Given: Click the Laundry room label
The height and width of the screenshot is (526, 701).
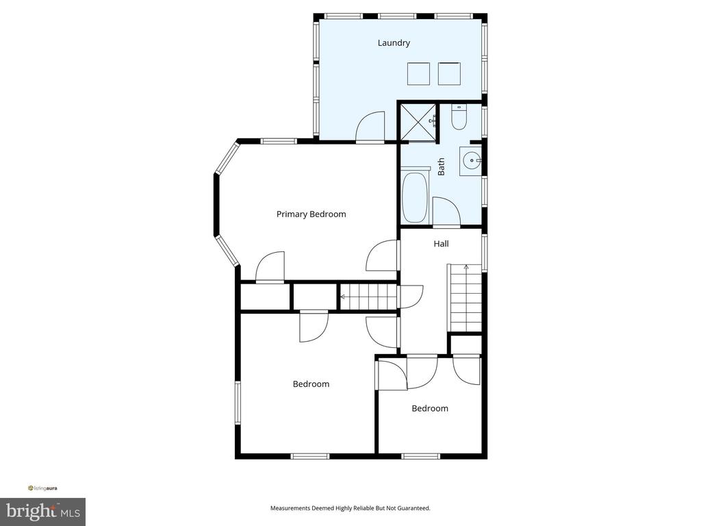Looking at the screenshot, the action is pyautogui.click(x=394, y=43).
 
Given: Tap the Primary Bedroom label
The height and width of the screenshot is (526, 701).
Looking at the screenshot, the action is pyautogui.click(x=311, y=214).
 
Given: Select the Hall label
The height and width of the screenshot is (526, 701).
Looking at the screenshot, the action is pyautogui.click(x=441, y=244).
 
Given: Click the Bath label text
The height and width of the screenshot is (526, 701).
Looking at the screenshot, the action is pyautogui.click(x=441, y=166).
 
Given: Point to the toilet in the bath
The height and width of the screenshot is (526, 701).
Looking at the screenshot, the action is pyautogui.click(x=459, y=117).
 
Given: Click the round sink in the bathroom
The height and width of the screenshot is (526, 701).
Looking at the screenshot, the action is pyautogui.click(x=471, y=160).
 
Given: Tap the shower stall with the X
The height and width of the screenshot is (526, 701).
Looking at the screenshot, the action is pyautogui.click(x=417, y=122).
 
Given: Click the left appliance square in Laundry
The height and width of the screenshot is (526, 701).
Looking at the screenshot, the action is pyautogui.click(x=418, y=74).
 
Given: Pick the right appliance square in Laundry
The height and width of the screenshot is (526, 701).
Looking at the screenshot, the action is pyautogui.click(x=449, y=74).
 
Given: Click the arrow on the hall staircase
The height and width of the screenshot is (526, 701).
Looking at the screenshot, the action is pyautogui.click(x=466, y=268).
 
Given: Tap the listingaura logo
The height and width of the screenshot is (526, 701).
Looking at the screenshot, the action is pyautogui.click(x=42, y=488).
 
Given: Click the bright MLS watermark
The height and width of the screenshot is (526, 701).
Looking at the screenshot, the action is pyautogui.click(x=43, y=511).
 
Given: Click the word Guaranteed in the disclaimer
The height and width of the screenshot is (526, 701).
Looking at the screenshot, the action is pyautogui.click(x=414, y=508).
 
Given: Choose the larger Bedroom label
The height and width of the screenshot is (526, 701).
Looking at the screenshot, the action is pyautogui.click(x=311, y=384).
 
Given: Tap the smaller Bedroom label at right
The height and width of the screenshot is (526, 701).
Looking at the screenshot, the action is pyautogui.click(x=430, y=408).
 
